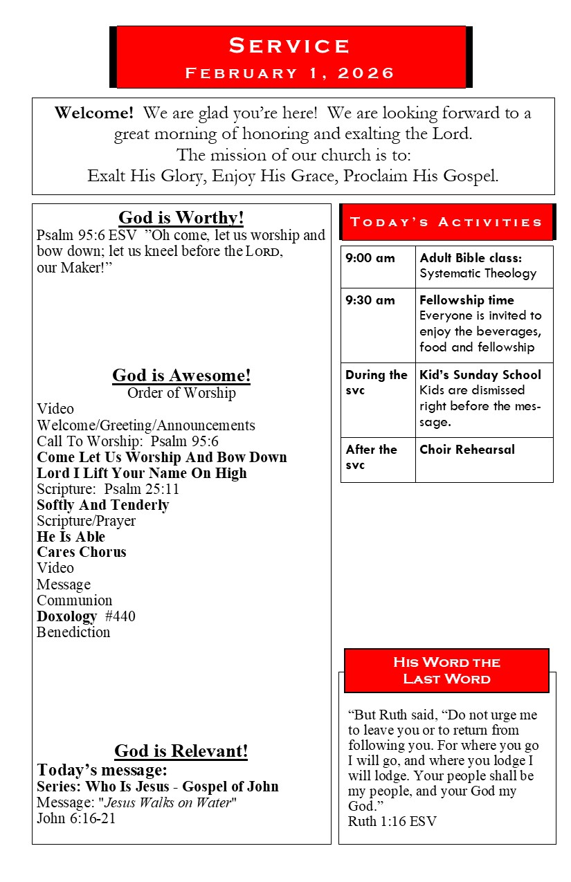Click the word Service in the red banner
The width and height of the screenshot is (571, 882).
[x=290, y=46]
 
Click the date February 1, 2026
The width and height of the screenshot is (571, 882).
[x=290, y=73]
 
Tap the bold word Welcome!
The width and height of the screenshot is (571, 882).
[x=94, y=113]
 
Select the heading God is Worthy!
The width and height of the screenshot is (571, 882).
[x=181, y=218]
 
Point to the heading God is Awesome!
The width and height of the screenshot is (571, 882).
[x=181, y=376]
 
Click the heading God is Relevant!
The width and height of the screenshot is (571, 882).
[x=181, y=751]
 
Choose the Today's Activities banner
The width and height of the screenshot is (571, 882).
[x=446, y=222]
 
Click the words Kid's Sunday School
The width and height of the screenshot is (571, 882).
[x=480, y=375]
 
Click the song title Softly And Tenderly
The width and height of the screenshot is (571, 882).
[x=103, y=505]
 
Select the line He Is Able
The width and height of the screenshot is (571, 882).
[x=71, y=537]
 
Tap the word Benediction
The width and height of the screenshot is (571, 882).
[x=73, y=632]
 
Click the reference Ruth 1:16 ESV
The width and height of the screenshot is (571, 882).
[x=392, y=822]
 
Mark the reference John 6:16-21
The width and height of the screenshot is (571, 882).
[x=76, y=818]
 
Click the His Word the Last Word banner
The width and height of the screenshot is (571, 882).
[x=446, y=670]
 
